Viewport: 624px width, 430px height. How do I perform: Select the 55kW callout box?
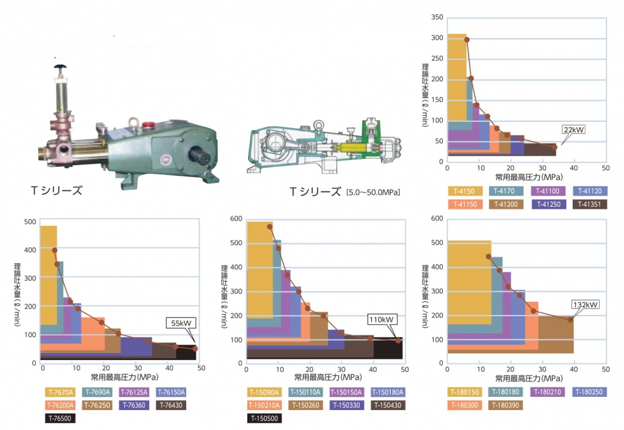[x=181, y=323]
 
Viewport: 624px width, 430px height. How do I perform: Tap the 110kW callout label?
[x=382, y=319]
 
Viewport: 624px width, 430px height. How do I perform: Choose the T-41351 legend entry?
[x=590, y=204]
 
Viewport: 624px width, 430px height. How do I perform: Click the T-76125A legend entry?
[x=134, y=392]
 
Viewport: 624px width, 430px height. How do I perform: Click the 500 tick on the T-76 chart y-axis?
[x=29, y=222]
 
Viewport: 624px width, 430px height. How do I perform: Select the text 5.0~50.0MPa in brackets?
[x=372, y=192]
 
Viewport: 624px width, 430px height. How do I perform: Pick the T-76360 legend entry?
[x=134, y=405]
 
